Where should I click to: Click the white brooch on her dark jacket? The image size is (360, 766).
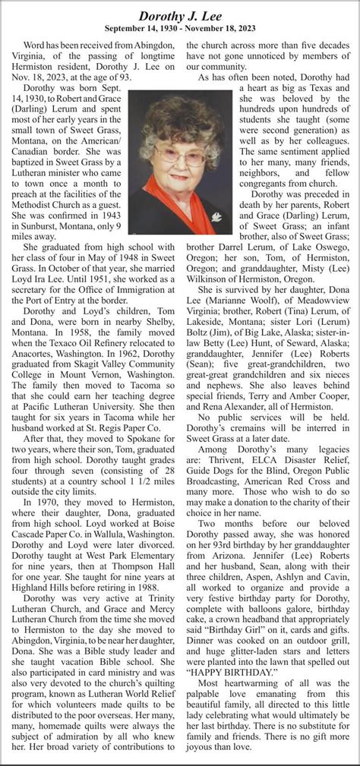click(216, 217)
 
